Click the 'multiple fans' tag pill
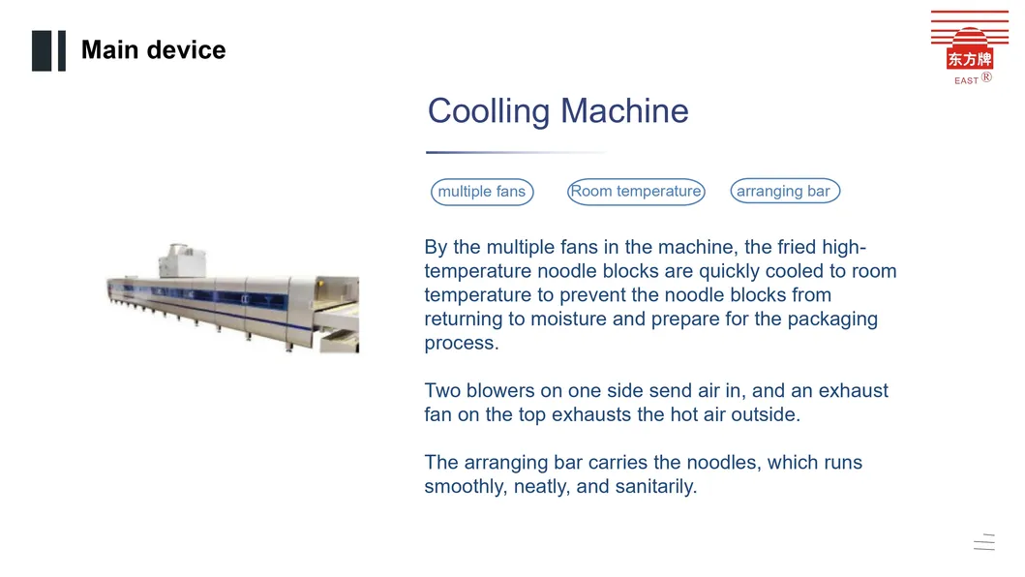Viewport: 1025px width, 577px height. click(482, 192)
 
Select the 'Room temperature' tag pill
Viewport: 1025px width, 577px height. click(636, 191)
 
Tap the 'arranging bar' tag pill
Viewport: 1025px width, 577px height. click(784, 191)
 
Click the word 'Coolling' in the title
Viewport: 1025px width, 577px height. click(489, 111)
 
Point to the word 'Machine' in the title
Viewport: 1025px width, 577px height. click(624, 110)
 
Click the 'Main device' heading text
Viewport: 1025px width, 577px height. click(154, 49)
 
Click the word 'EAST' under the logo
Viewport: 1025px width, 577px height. click(966, 80)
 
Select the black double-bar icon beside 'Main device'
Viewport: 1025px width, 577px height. click(49, 51)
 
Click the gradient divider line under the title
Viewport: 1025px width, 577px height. click(517, 152)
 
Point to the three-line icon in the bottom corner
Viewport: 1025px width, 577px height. click(984, 542)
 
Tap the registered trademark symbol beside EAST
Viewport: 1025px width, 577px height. click(986, 77)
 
